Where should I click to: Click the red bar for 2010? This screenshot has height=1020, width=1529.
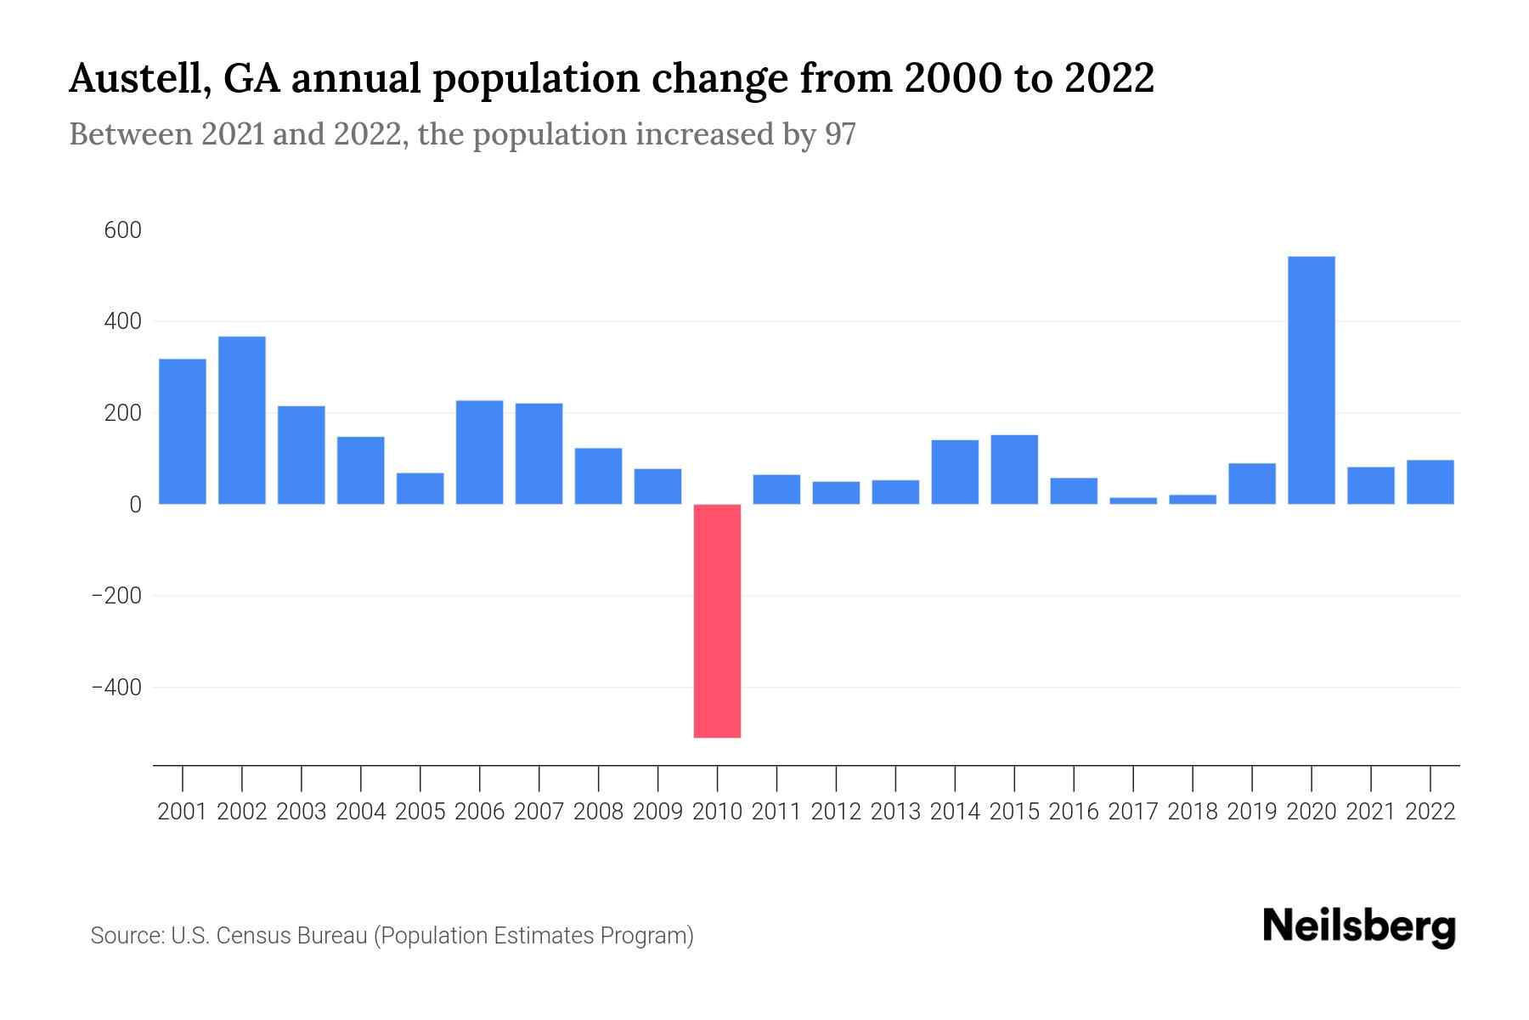pyautogui.click(x=717, y=620)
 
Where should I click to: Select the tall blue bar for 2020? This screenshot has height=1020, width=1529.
pyautogui.click(x=1311, y=380)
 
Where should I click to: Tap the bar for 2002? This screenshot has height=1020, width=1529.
pyautogui.click(x=242, y=420)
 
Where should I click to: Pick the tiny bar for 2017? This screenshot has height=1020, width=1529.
pyautogui.click(x=1133, y=501)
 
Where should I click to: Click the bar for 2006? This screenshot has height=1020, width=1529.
pyautogui.click(x=480, y=452)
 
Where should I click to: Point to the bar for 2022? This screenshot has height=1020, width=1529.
pyautogui.click(x=1430, y=482)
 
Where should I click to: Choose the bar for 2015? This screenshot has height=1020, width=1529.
pyautogui.click(x=1014, y=469)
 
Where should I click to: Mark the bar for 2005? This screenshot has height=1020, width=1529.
pyautogui.click(x=420, y=489)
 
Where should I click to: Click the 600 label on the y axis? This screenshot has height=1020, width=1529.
pyautogui.click(x=122, y=230)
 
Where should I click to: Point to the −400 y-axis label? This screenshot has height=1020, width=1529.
pyautogui.click(x=116, y=687)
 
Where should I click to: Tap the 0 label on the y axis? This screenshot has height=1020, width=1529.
pyautogui.click(x=135, y=504)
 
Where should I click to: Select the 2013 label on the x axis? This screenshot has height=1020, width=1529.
pyautogui.click(x=895, y=812)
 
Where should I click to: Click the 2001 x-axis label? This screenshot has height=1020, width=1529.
pyautogui.click(x=183, y=812)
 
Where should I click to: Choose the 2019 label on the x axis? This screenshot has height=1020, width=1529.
pyautogui.click(x=1252, y=812)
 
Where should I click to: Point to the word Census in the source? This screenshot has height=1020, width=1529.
pyautogui.click(x=252, y=936)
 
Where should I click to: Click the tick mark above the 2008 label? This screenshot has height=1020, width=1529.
pyautogui.click(x=599, y=777)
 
